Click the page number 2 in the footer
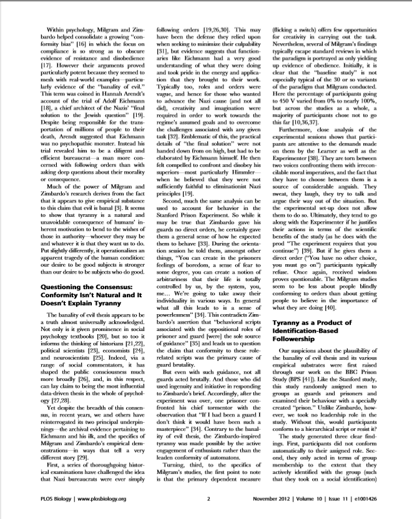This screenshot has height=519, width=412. (x=208, y=499)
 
